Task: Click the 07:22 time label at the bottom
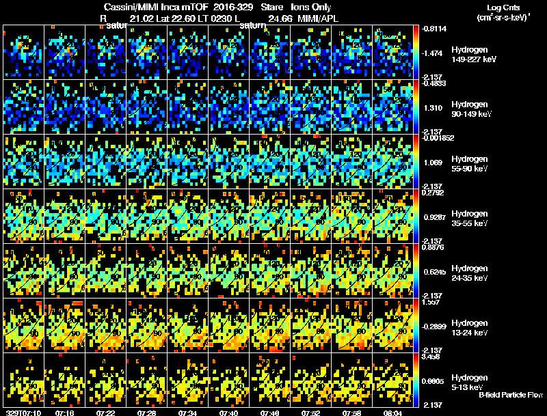106,412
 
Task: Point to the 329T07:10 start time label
23,412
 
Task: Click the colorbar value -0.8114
434,29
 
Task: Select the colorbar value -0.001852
438,138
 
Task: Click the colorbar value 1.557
431,302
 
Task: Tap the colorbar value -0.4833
434,83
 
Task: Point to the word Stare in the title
272,7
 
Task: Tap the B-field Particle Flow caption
511,395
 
